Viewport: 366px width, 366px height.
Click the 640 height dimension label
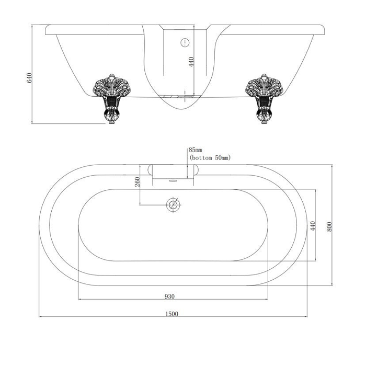point(29,78)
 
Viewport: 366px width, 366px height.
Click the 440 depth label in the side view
point(191,62)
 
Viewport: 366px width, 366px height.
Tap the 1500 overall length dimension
point(172,314)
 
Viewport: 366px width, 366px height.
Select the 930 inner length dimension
point(170,296)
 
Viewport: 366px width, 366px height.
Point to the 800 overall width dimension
point(329,226)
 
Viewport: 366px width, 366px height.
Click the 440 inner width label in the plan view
point(313,225)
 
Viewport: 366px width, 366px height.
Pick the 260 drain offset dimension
point(137,181)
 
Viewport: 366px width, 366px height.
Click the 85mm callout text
point(196,150)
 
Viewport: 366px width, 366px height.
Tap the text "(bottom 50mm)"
point(210,157)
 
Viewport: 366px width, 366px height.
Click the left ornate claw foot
point(111,98)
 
